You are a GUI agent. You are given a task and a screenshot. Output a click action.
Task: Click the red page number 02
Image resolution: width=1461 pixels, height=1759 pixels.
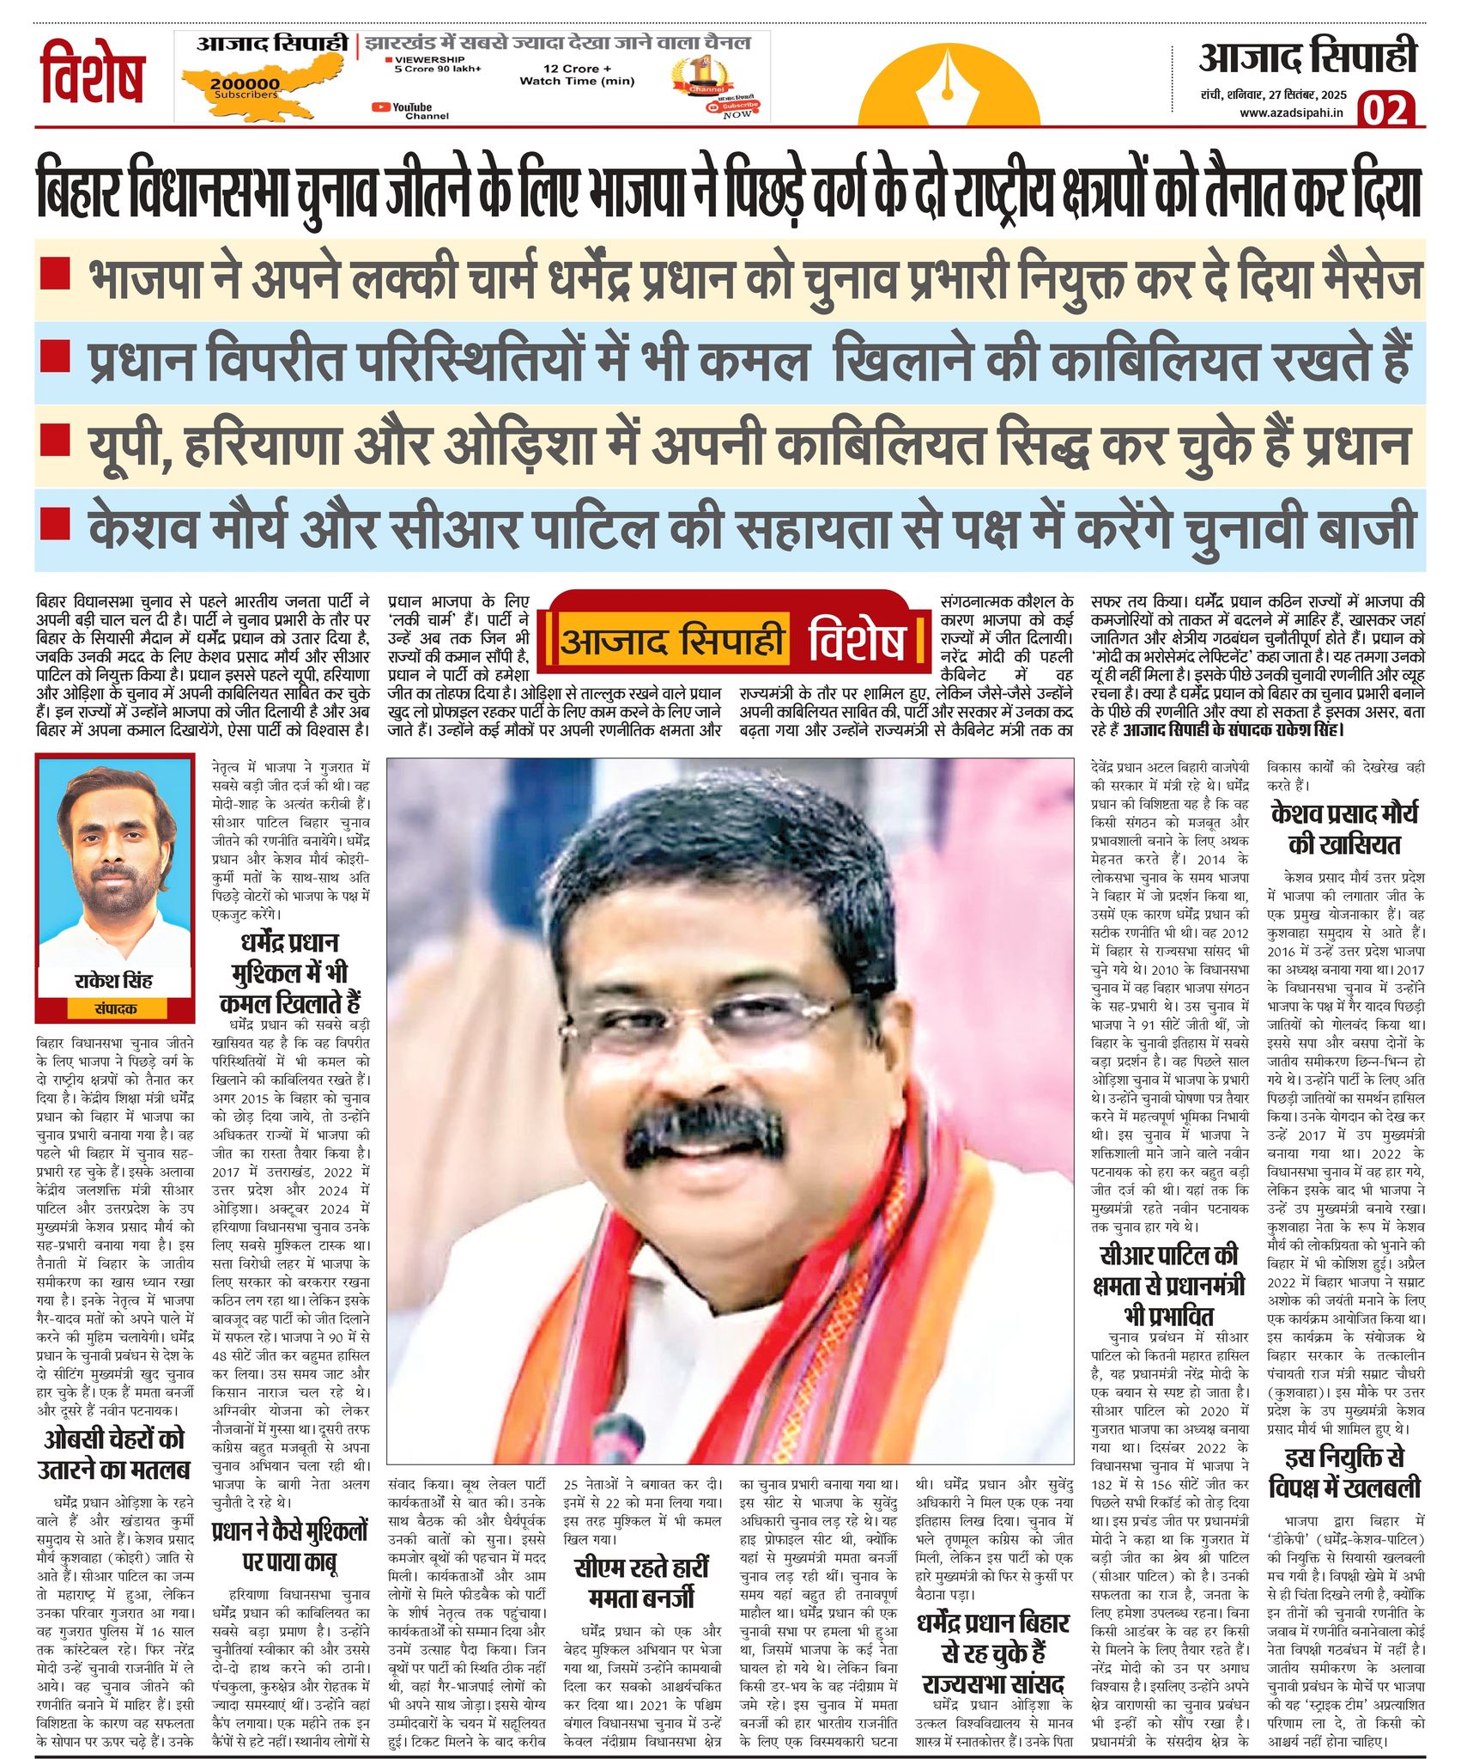pos(1385,111)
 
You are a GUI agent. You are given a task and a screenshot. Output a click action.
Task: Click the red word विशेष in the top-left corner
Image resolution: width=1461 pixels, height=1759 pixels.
pos(93,74)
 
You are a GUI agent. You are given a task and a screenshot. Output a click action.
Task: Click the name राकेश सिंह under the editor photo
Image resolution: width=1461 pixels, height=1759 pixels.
pos(113,980)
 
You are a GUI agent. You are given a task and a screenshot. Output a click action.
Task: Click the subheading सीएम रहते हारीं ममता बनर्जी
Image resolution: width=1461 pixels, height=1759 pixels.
pos(642,1583)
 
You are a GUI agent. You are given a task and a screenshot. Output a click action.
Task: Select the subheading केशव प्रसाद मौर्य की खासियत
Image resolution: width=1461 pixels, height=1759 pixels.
pos(1344,829)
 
